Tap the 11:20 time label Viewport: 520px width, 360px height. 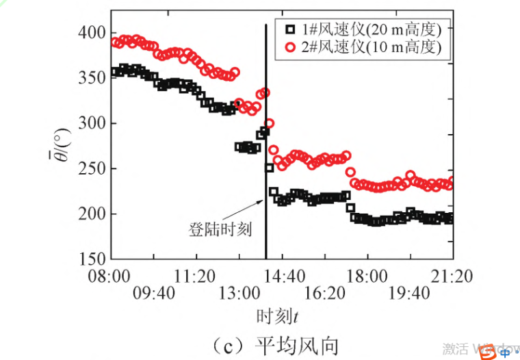(196, 277)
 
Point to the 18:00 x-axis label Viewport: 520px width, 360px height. (367, 277)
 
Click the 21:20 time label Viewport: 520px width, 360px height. (453, 277)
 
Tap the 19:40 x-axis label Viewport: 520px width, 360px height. (409, 293)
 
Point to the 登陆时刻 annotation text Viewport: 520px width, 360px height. (220, 229)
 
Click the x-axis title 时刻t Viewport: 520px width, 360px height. (278, 316)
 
